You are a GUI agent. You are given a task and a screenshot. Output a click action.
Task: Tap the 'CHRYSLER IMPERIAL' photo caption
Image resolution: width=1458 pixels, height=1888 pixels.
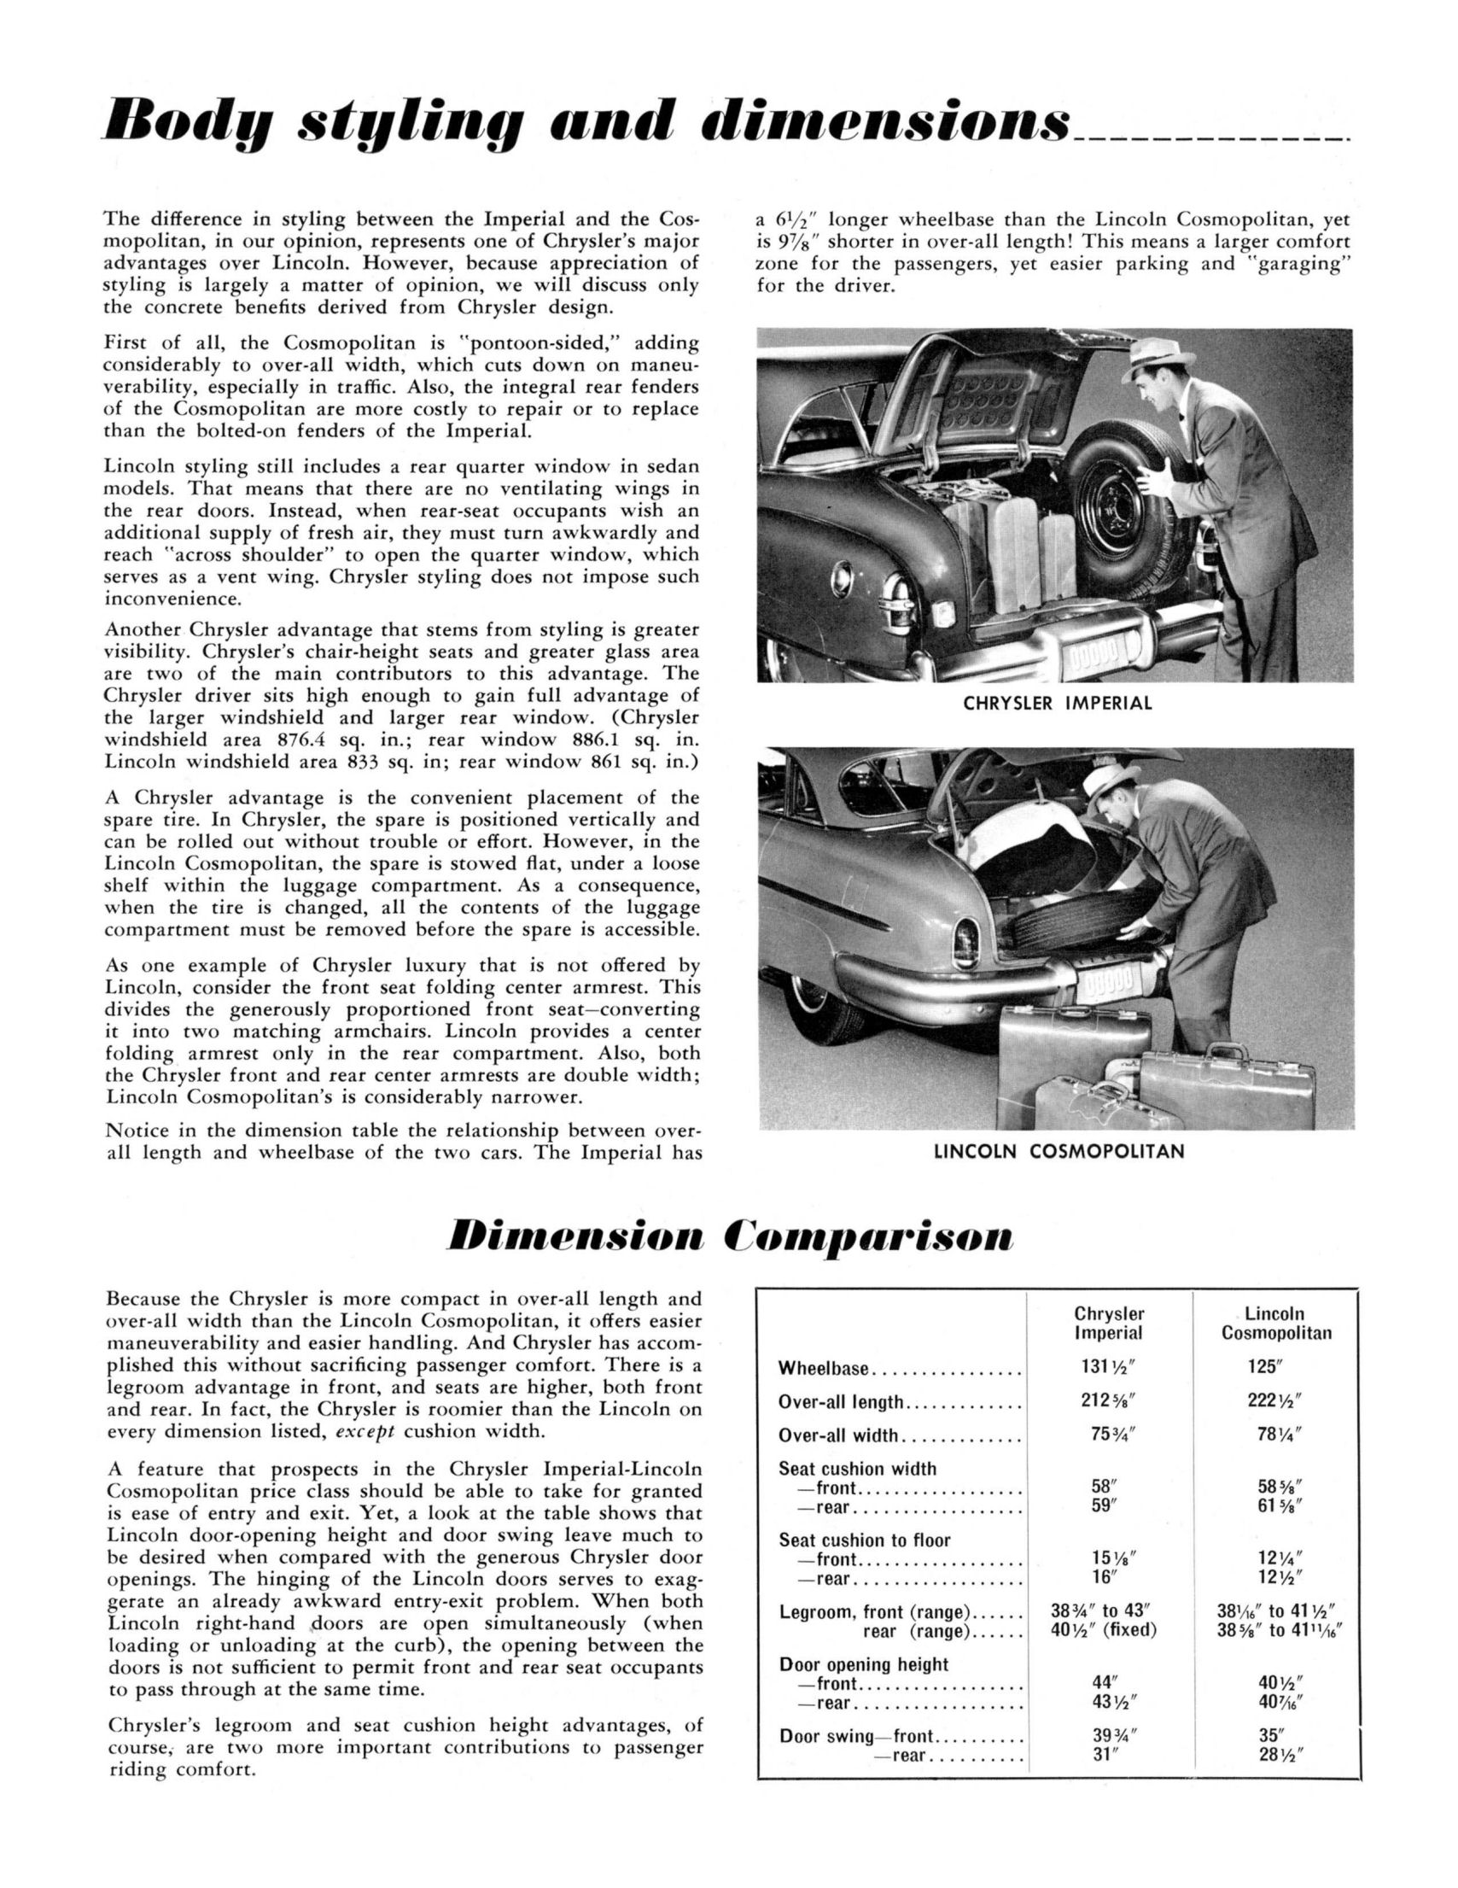point(1057,704)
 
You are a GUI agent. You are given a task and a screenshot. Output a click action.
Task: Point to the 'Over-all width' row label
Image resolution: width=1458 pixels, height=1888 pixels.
point(838,1437)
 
